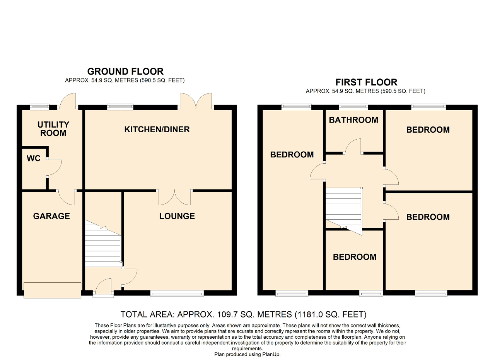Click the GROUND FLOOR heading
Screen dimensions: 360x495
[125, 72]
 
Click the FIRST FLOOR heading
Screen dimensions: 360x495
[366, 82]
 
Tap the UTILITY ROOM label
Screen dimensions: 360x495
[53, 129]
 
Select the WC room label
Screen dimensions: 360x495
[34, 159]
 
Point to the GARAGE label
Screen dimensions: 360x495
[51, 216]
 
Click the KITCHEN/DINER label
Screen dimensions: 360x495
[157, 130]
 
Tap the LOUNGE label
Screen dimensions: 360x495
[177, 216]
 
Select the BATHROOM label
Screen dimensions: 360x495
[353, 120]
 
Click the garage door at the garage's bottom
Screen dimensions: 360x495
[52, 290]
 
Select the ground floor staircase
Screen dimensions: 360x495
[103, 246]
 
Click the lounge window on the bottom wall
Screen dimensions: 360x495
[177, 294]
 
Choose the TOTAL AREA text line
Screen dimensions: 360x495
[243, 314]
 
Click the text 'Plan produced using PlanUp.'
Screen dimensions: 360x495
[247, 354]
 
